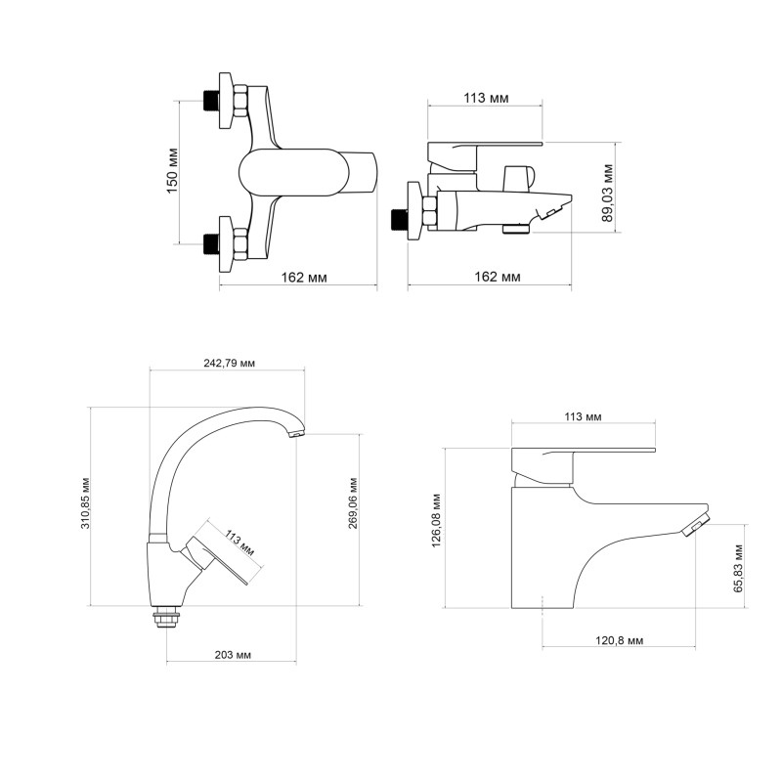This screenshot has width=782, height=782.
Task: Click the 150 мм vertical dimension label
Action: point(172,170)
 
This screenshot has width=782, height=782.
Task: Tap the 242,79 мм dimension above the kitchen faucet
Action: point(230,363)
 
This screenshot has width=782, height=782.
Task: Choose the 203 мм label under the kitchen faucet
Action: point(231,653)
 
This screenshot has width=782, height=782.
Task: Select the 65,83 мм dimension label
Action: point(739,568)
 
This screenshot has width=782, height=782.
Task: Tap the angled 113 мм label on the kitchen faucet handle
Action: point(239,543)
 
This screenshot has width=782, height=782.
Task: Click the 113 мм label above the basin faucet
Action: point(584,416)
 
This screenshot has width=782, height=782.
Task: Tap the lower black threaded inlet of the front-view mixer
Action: point(210,240)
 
